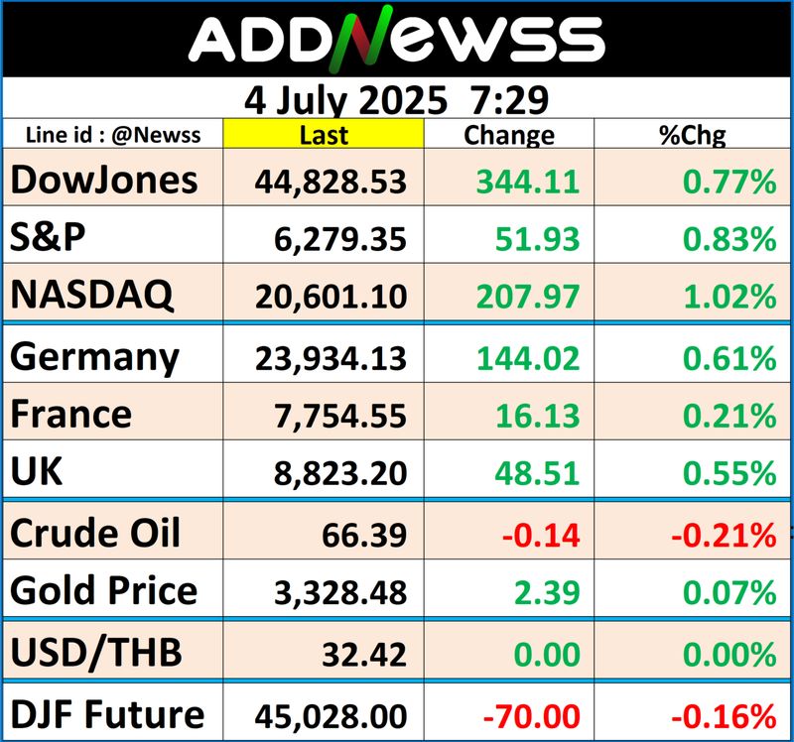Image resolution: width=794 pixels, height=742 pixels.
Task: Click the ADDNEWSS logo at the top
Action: click(397, 40)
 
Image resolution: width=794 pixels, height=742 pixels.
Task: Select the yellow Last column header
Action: click(324, 135)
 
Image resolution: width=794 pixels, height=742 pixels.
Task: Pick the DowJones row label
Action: click(104, 181)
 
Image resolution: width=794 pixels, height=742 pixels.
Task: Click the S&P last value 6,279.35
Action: click(339, 239)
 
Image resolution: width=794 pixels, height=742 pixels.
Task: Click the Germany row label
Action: click(95, 356)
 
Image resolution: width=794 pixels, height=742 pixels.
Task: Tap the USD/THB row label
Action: click(96, 654)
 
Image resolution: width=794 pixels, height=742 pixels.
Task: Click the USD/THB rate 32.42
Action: click(364, 655)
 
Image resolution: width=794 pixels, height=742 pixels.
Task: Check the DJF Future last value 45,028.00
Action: click(331, 715)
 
